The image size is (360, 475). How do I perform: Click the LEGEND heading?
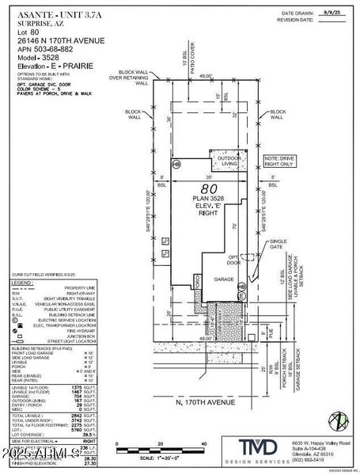[x=23, y=281]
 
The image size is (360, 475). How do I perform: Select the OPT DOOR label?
[x=234, y=260]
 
